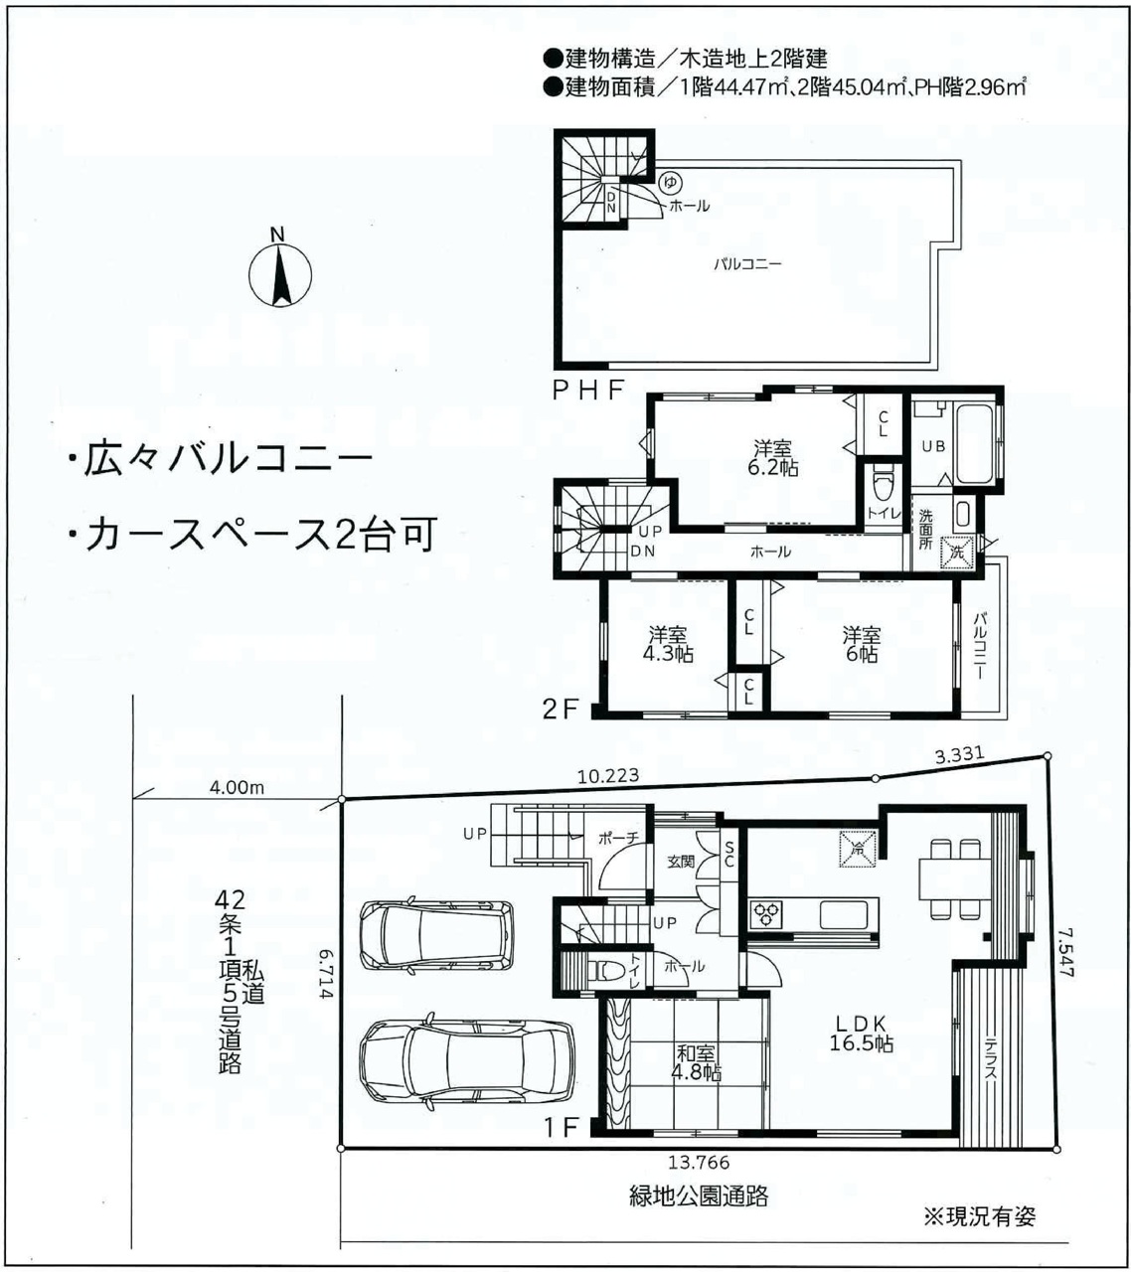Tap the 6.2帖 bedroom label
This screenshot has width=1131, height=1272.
(772, 458)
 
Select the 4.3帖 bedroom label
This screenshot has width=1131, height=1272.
(668, 644)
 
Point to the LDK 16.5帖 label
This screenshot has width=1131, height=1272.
(861, 1034)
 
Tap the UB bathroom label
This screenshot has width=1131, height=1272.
(933, 446)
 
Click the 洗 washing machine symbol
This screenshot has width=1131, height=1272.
(956, 553)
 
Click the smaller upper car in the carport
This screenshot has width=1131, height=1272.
(436, 938)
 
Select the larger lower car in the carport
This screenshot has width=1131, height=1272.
(467, 1066)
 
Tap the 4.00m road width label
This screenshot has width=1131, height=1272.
(237, 788)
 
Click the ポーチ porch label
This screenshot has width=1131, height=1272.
(618, 838)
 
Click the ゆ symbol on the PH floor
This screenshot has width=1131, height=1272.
(670, 183)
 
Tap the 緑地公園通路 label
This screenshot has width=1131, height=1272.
(699, 1196)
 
